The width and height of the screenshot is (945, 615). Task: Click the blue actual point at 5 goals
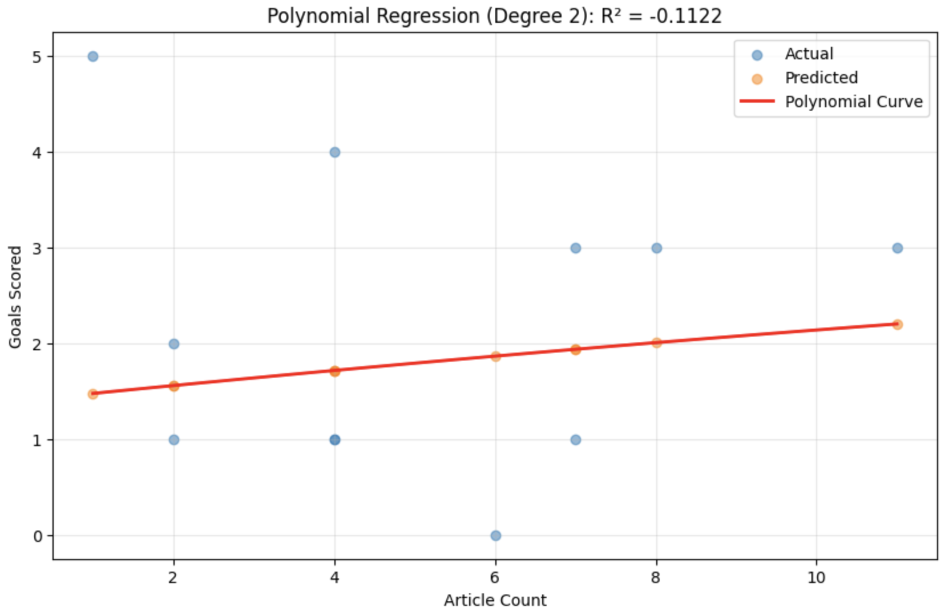[93, 56]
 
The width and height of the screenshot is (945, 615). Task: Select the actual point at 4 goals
[335, 152]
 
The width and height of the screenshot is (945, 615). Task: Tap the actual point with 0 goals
[496, 536]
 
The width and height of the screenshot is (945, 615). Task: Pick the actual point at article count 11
[898, 248]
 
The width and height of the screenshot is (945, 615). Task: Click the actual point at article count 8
[657, 248]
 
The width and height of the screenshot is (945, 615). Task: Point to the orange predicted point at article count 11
[898, 325]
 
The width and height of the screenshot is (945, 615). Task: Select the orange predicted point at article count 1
[93, 394]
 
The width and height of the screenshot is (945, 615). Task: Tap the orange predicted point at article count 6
[496, 357]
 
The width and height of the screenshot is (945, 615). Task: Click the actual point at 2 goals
[174, 344]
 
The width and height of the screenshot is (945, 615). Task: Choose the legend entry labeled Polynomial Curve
[853, 102]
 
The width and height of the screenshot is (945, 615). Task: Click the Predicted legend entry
[821, 78]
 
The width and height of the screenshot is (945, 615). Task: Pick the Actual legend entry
[809, 54]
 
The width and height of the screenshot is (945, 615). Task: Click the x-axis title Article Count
[495, 600]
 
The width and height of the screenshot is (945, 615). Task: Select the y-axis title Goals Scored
[15, 297]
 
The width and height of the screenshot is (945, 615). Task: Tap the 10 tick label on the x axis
[817, 578]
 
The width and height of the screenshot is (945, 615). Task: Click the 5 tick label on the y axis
[38, 57]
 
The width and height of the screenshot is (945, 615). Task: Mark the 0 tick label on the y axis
[38, 536]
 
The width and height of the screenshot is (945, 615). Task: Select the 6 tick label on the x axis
[495, 578]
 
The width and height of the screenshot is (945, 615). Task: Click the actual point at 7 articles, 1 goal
[576, 440]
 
